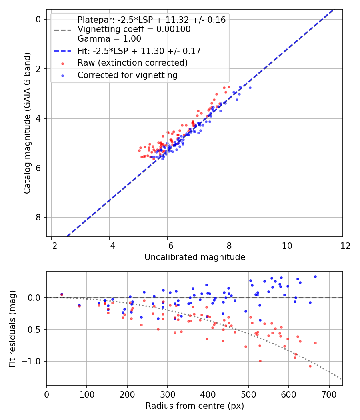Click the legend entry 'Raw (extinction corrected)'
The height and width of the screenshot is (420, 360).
pos(132,63)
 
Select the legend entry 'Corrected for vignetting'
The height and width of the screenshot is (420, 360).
pos(127,75)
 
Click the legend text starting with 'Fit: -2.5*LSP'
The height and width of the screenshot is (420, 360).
pos(139,51)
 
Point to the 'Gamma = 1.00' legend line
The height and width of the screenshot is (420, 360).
pos(109,39)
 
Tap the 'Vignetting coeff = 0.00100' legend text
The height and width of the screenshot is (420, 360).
pos(134,29)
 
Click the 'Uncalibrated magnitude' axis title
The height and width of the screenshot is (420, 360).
pos(195,257)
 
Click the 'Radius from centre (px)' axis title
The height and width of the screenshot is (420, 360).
pos(195,406)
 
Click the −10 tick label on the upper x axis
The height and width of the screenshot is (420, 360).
pos(284,245)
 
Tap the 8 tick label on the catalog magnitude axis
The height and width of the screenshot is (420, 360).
pos(38,218)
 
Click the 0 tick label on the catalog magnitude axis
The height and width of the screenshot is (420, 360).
pos(38,20)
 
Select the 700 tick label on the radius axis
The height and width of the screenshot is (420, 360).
pos(329,394)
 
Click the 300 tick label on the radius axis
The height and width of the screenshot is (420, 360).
pos(168,394)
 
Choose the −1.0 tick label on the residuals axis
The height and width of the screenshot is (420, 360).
pos(33,362)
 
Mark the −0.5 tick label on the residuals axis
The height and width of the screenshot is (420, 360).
pos(33,330)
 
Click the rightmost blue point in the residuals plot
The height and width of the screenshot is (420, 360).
pos(315,276)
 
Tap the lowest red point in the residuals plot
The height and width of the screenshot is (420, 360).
pos(310,366)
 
